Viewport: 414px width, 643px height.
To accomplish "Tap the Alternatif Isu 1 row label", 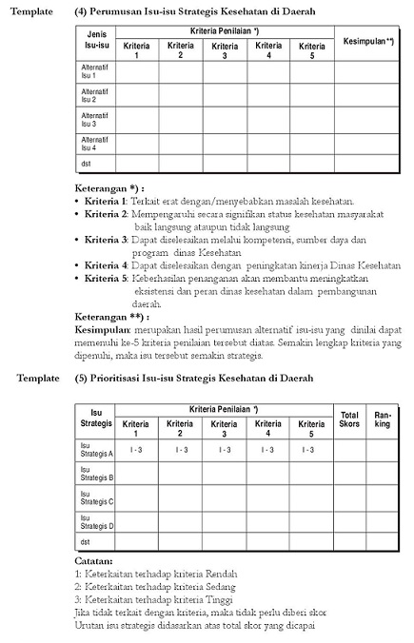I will (95, 70).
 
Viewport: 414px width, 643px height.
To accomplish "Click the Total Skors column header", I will (349, 419).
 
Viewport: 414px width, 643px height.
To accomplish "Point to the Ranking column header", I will (383, 419).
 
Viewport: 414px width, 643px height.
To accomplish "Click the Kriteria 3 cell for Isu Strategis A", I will (225, 449).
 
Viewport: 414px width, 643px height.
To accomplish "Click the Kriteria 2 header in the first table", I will (180, 49).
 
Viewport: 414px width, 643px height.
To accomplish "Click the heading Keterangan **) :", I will (112, 315).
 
